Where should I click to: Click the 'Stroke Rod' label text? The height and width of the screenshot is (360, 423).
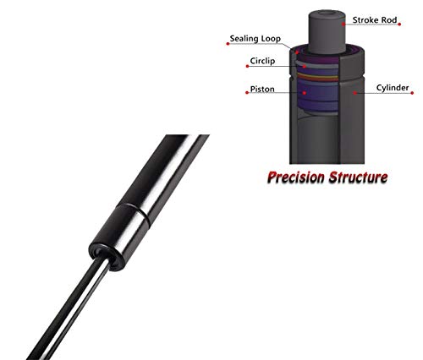point(375,20)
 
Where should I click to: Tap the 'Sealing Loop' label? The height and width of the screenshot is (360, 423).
point(255,39)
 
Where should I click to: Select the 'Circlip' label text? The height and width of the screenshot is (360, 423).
point(262,61)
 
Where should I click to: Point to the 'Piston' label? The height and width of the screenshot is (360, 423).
point(262,89)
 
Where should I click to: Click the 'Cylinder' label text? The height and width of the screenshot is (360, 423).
point(393,88)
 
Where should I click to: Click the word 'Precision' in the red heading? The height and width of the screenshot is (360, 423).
point(296,177)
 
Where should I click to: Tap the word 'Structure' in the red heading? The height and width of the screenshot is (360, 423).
point(359,177)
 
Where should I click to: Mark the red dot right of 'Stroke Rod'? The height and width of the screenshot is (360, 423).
point(399,25)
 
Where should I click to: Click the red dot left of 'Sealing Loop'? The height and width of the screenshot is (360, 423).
point(228,44)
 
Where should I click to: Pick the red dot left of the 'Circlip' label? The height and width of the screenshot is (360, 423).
point(247,66)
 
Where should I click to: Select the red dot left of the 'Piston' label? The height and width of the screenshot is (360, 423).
point(247,92)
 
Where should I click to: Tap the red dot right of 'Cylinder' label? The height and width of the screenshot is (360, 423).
point(412,93)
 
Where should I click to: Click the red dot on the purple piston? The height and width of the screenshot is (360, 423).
point(305,92)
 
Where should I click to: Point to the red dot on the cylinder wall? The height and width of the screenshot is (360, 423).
point(355,92)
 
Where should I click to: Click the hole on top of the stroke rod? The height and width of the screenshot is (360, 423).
point(327,13)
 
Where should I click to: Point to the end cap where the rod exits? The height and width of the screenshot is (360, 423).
point(107,255)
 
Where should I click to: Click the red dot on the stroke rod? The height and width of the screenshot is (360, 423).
point(343,24)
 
